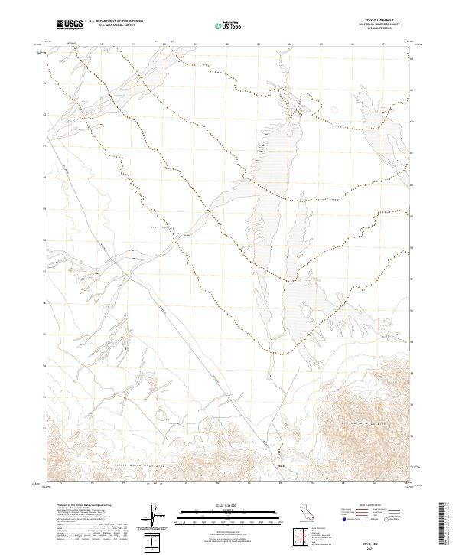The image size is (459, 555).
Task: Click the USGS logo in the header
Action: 70,24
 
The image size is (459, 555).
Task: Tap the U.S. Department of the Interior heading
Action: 116,21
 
